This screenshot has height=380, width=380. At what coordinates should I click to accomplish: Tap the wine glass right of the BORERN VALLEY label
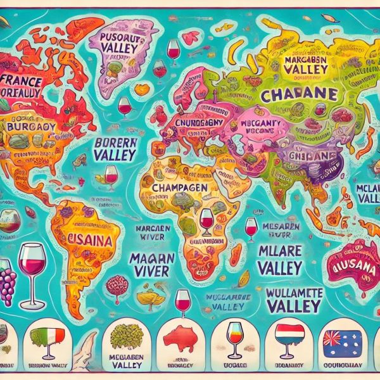(x=112, y=175)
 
